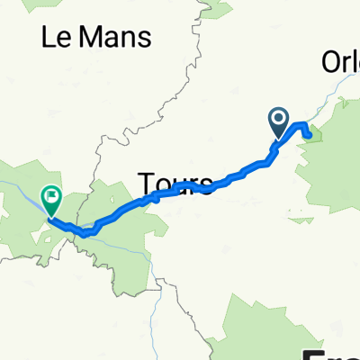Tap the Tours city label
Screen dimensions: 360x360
pyautogui.click(x=175, y=184)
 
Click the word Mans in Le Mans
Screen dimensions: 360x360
pyautogui.click(x=114, y=37)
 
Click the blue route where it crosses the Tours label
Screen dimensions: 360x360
pyautogui.click(x=180, y=191)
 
